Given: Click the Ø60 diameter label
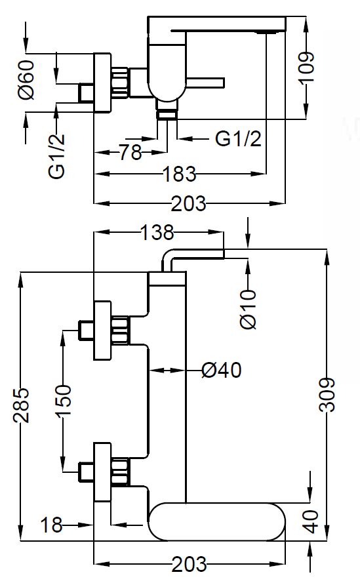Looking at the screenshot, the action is click(28, 80).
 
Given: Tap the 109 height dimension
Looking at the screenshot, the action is click(307, 68).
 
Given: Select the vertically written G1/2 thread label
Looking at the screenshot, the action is click(56, 156).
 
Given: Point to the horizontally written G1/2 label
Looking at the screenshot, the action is click(238, 139).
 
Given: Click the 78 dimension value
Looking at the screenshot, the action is click(130, 152).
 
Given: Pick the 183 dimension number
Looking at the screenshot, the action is click(180, 174).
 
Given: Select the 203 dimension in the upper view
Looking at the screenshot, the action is click(188, 203).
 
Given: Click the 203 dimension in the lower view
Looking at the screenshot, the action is click(189, 564).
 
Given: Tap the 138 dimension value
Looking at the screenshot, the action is click(157, 232).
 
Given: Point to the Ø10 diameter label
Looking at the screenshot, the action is click(249, 309).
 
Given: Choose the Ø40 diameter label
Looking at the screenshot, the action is click(221, 370).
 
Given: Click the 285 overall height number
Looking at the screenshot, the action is click(22, 405).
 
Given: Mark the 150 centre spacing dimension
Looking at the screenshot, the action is click(64, 401).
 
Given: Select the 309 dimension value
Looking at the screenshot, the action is click(327, 395).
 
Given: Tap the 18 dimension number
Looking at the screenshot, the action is click(51, 525).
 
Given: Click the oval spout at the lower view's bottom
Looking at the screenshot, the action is click(216, 521).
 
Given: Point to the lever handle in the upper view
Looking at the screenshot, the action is click(205, 83).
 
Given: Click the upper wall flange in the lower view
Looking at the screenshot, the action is click(102, 331).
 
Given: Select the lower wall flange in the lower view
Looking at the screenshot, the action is click(102, 472).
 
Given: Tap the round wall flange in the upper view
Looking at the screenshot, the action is click(102, 83).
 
